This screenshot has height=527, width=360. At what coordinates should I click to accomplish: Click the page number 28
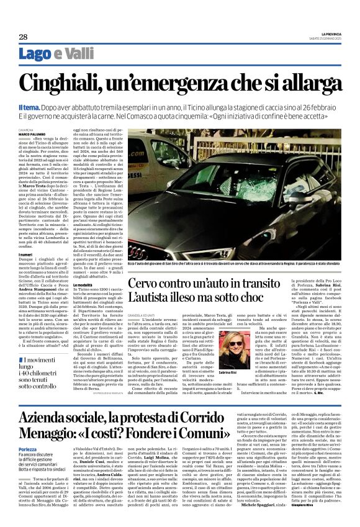point(23,37)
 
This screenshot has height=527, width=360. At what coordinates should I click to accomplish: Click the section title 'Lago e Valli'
point(56,54)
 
